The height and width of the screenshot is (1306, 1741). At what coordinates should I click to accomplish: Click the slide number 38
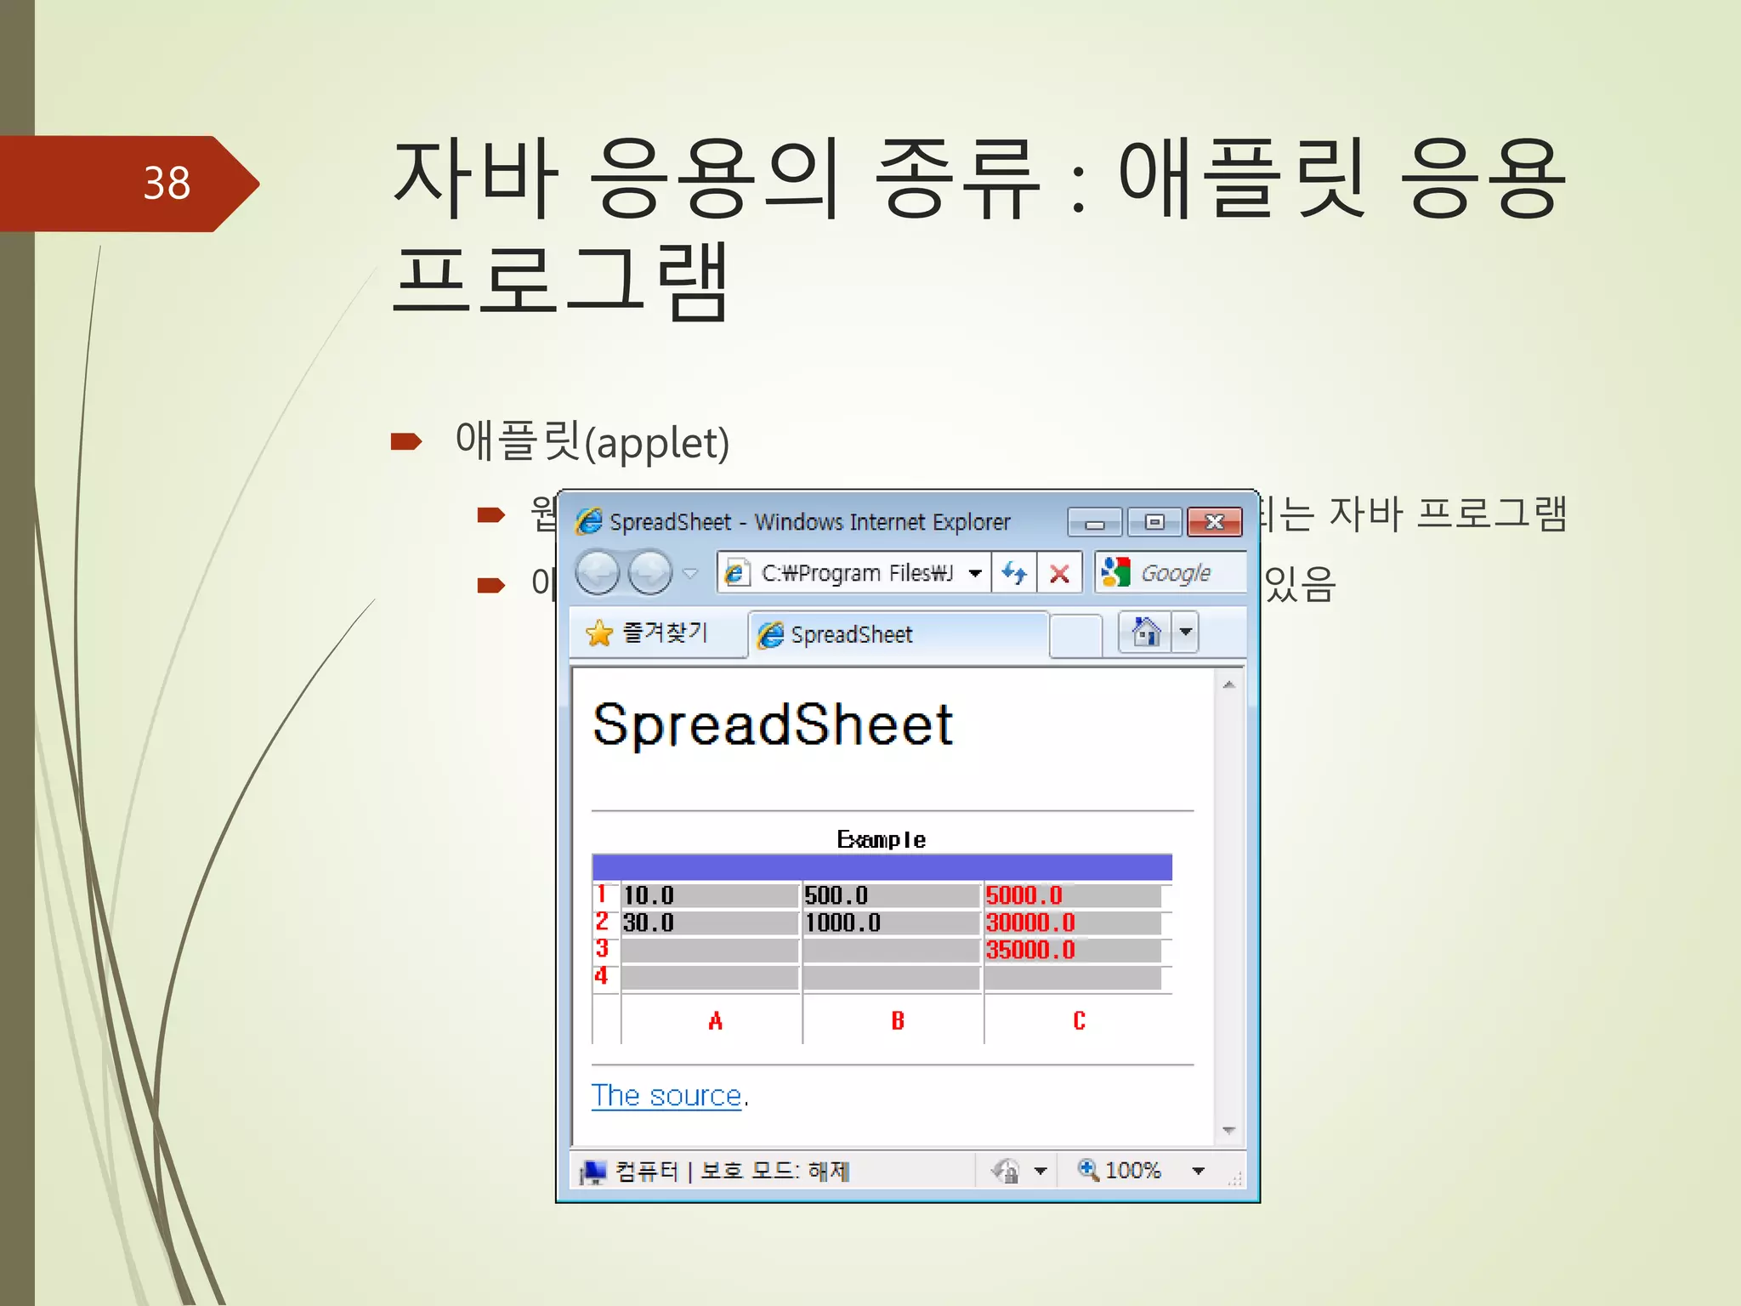[x=167, y=184]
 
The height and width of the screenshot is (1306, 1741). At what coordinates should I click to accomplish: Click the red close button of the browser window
[x=1214, y=522]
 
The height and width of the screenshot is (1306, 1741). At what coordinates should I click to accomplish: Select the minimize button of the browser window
[x=1094, y=522]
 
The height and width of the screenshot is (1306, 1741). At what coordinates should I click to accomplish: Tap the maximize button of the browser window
[x=1154, y=522]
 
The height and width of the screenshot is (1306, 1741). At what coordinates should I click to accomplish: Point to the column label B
[x=898, y=1020]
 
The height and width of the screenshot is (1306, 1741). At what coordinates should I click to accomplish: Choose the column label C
[x=1079, y=1020]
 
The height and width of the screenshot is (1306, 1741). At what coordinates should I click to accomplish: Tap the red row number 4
[x=602, y=976]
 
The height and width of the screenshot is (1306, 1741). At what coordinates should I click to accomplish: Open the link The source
[x=666, y=1096]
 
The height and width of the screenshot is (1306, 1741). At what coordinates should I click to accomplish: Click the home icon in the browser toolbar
[x=1146, y=633]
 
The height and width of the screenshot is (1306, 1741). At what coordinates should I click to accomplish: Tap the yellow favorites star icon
[x=599, y=633]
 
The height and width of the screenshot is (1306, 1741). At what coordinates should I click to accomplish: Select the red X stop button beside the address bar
[x=1059, y=574]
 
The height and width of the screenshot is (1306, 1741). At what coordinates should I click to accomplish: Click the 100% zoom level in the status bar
[x=1132, y=1171]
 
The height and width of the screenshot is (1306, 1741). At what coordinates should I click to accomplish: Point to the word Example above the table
[x=882, y=840]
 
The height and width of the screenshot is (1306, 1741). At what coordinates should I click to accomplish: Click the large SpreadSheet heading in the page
[x=773, y=725]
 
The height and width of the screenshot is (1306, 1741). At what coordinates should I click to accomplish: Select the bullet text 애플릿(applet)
[x=593, y=442]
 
